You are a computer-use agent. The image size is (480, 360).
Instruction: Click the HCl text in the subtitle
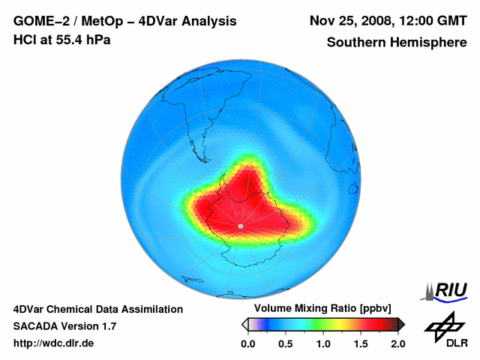(x=25, y=40)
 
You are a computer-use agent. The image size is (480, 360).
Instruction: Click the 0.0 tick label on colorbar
(x=248, y=343)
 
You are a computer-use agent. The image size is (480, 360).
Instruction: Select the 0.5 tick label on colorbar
(x=286, y=343)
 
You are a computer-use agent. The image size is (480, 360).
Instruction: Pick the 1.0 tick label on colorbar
(x=323, y=343)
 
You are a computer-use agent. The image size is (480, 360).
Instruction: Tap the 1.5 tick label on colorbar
(x=361, y=343)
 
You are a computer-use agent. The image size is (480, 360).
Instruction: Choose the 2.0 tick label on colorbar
(x=397, y=343)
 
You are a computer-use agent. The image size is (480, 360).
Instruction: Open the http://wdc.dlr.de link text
(x=54, y=343)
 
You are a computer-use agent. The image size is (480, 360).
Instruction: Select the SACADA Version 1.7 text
(x=64, y=326)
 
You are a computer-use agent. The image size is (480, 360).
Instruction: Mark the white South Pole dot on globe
(x=240, y=226)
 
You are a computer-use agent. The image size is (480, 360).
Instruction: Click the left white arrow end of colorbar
(x=244, y=324)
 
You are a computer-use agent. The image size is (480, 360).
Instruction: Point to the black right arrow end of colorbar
(x=401, y=324)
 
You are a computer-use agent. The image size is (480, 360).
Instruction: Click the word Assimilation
(x=151, y=309)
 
